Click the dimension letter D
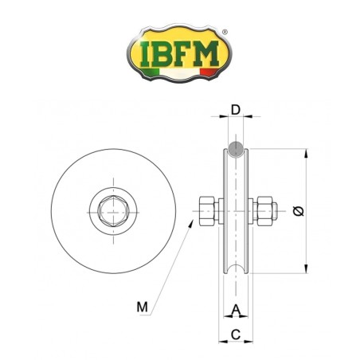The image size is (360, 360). click(236, 110)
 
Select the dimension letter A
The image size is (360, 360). click(236, 310)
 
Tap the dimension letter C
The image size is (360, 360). click(236, 335)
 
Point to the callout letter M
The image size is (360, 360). click(143, 307)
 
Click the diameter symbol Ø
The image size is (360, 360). click(299, 211)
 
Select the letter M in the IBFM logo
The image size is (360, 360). click(205, 53)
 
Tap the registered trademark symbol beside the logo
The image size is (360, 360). click(225, 32)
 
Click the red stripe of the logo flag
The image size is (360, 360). click(209, 72)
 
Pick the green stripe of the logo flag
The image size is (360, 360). click(151, 72)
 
